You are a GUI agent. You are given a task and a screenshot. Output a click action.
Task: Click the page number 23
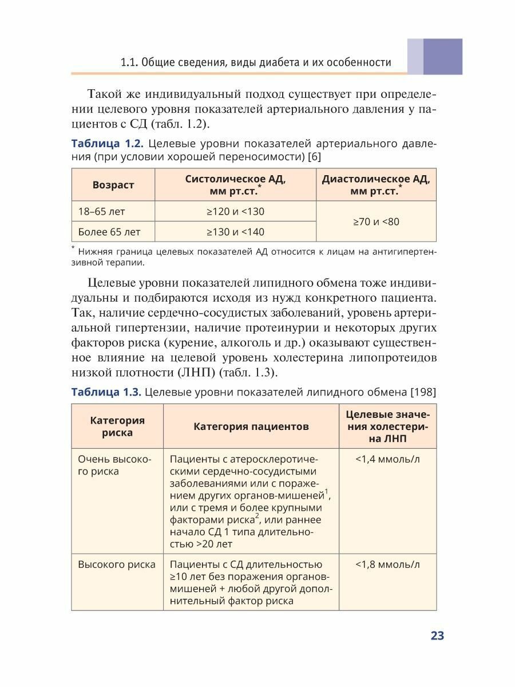point(437,636)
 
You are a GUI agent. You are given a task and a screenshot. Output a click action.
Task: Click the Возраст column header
point(113,185)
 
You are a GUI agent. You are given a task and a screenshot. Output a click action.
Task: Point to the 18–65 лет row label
point(102,212)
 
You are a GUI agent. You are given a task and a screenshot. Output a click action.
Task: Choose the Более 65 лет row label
point(109,232)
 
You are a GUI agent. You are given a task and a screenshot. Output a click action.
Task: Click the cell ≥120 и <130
point(235,212)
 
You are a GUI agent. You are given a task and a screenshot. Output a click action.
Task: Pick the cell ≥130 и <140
point(235,232)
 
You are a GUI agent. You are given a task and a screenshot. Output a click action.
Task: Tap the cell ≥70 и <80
point(376,222)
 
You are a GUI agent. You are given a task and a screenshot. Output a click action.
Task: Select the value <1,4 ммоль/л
point(387,459)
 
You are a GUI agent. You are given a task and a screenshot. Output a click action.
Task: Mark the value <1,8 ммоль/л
point(387,564)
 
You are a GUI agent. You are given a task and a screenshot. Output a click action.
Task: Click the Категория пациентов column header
point(251,427)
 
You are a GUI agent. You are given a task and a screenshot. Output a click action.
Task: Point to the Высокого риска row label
point(117,564)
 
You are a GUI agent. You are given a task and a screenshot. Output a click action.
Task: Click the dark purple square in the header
point(443,57)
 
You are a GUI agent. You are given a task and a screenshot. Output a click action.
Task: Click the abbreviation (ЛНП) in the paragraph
point(195,373)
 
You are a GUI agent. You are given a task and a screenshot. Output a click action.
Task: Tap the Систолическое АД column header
point(235,185)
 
